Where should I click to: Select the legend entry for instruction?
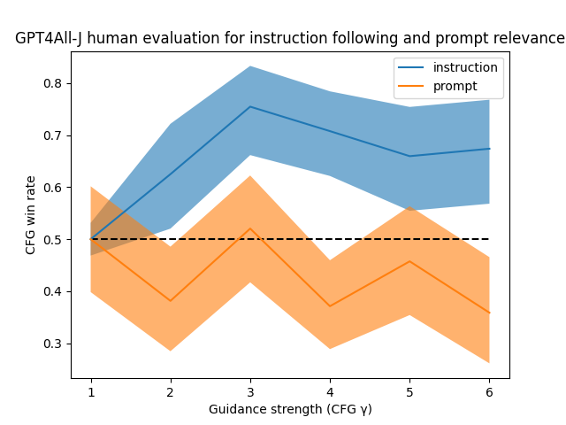coord(465,67)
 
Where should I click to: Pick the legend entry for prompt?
coord(455,86)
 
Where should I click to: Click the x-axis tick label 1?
coord(91,392)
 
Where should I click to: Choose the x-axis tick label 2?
coord(171,392)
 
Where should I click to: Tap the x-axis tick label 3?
coord(250,392)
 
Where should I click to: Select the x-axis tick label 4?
coord(330,392)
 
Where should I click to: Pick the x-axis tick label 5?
coord(409,392)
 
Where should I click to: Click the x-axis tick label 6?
coord(489,392)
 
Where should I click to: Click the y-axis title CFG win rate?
coord(31,214)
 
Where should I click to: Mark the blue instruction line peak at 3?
coord(250,107)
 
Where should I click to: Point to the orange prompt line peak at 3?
coord(250,228)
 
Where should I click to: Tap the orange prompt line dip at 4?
coord(330,306)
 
